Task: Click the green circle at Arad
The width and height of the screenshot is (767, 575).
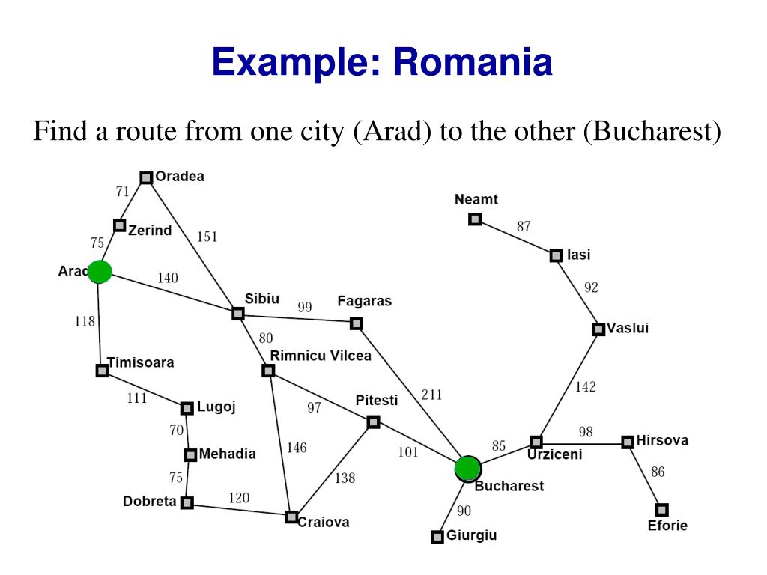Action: (100, 272)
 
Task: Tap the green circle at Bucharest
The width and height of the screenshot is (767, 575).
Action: (467, 468)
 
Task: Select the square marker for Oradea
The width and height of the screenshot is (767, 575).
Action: (146, 177)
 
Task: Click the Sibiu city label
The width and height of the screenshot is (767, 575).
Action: (262, 299)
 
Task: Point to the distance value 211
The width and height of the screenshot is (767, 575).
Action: (432, 395)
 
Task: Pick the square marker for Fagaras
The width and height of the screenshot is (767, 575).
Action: (357, 323)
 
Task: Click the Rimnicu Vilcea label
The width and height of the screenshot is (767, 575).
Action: (321, 356)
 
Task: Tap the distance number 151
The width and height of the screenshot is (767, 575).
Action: (207, 237)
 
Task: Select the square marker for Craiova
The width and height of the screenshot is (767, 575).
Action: (291, 517)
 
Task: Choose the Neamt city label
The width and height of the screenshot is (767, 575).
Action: (476, 199)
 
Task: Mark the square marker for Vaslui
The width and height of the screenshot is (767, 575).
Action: (598, 329)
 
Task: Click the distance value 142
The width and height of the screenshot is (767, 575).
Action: (586, 386)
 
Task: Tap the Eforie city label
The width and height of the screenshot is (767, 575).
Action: (667, 526)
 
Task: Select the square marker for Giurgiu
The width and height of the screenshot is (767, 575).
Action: (437, 537)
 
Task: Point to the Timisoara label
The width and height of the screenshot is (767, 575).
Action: (141, 362)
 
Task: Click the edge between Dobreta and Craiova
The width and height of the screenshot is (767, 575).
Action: (240, 510)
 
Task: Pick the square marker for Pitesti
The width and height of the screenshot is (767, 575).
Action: (374, 422)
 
